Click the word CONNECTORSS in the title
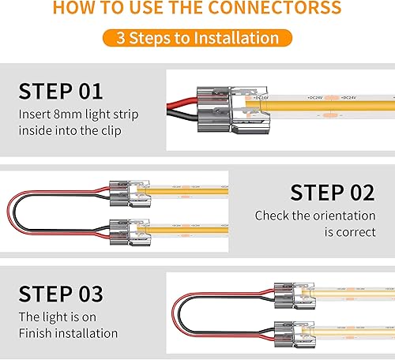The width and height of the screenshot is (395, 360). coord(282,9)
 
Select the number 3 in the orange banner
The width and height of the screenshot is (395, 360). coord(121,38)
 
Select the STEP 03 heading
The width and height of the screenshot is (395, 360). coord(61,294)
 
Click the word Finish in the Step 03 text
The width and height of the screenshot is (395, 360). coord(36,333)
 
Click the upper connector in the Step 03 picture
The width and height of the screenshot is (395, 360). coord(287,290)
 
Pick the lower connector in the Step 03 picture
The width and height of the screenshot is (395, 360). coord(287,329)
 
